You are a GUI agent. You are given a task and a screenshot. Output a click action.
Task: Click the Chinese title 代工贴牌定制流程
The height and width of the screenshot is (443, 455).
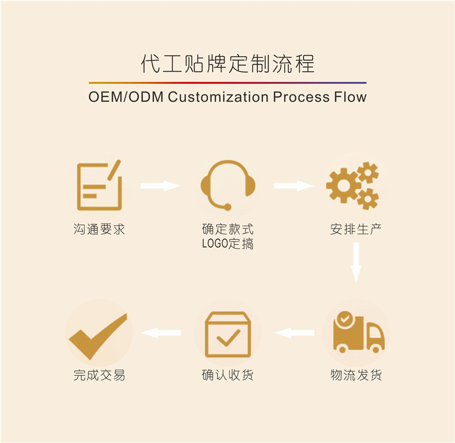coord(227,63)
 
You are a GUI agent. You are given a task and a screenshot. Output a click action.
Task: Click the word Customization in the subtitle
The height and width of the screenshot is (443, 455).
coord(218,97)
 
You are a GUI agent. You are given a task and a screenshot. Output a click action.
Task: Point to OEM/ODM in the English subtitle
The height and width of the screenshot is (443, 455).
coord(126,97)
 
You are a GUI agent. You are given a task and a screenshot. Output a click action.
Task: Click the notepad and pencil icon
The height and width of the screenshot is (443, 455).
coord(99,185)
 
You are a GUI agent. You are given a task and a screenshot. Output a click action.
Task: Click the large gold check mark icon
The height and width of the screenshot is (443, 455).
coord(98,336)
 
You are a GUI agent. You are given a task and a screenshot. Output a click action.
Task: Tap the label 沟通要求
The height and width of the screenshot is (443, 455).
coord(99,230)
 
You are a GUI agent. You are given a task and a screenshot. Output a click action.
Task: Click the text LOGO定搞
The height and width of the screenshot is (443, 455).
coord(227,245)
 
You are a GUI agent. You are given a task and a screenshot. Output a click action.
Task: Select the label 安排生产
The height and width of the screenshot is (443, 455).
coord(356,230)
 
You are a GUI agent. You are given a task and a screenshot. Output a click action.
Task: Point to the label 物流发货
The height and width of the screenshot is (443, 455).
coord(356,375)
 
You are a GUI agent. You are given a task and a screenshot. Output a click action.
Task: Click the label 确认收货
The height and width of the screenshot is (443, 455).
coord(227,375)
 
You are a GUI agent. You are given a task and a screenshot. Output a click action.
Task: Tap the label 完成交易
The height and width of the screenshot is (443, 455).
coord(99,375)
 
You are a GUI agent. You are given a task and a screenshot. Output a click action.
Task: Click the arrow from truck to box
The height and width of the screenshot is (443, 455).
coord(294,333)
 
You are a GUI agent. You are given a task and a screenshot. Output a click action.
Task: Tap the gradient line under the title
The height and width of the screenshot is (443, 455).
coord(227,82)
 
